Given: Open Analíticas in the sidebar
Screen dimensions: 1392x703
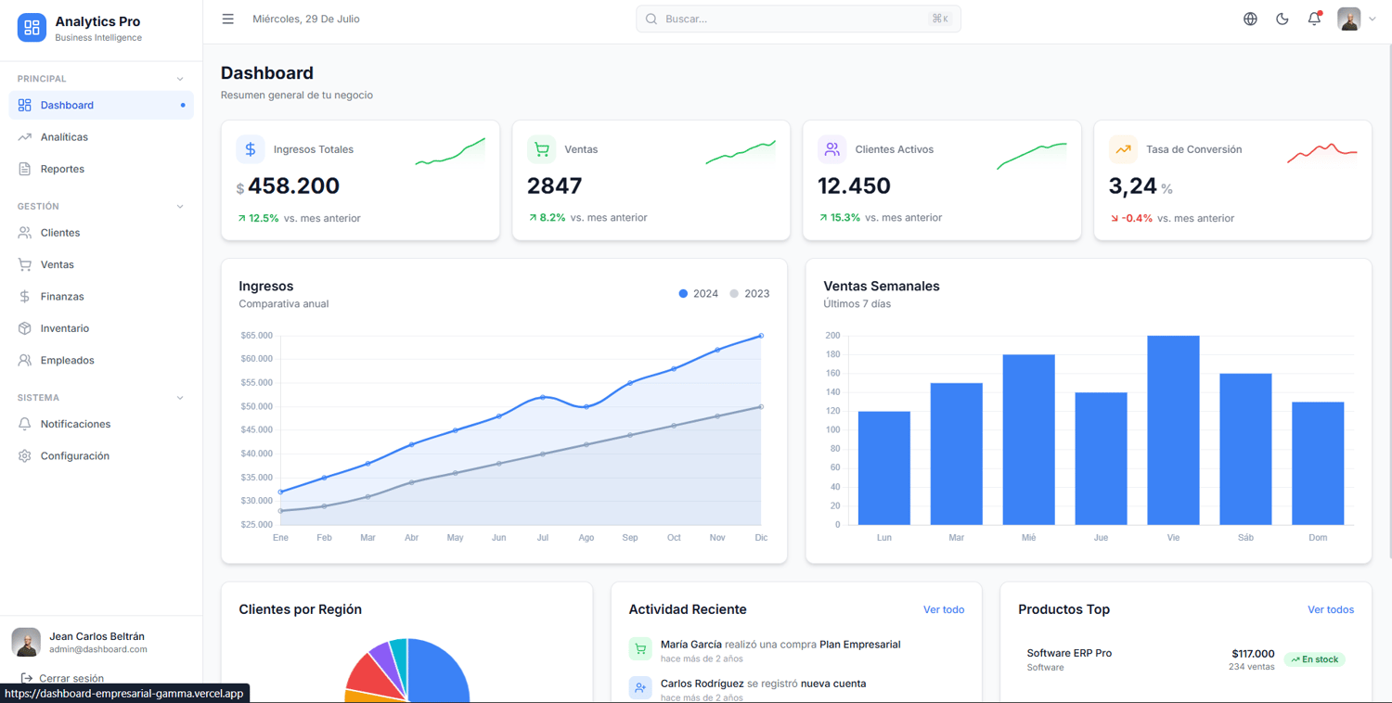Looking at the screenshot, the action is point(64,136).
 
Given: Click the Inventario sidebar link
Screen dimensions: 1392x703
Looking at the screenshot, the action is point(65,328).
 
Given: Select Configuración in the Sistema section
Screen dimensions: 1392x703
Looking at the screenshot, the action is point(74,455).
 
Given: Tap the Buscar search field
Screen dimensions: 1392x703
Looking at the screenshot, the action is point(798,19).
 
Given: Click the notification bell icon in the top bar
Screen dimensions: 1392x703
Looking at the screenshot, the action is point(1314,19).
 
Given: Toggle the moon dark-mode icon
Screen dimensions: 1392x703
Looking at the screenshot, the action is point(1282,19).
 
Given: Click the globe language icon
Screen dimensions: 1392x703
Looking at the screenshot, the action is point(1250,19).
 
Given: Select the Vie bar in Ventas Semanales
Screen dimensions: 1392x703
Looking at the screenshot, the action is point(1173,429).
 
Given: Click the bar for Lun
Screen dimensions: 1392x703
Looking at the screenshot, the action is point(884,467).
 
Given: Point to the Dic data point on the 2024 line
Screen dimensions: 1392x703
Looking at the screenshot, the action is point(761,336).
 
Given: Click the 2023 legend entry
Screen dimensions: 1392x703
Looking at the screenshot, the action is point(750,293).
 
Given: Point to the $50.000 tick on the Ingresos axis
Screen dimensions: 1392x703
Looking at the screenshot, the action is point(257,406).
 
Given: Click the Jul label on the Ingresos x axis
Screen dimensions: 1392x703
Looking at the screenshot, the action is point(543,537).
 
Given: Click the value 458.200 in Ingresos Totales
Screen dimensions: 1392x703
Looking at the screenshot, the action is point(293,185).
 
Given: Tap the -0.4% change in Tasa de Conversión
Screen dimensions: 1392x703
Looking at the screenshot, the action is point(1137,218).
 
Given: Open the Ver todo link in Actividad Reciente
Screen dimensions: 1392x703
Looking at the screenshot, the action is point(944,609).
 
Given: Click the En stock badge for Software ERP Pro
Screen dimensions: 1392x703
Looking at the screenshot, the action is point(1314,658).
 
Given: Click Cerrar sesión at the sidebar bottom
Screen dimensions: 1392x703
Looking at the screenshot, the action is point(71,678).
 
